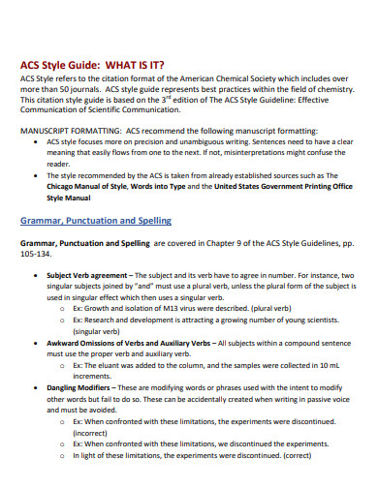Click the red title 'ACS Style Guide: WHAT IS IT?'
click(99, 66)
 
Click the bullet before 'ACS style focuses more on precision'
click(37, 142)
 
